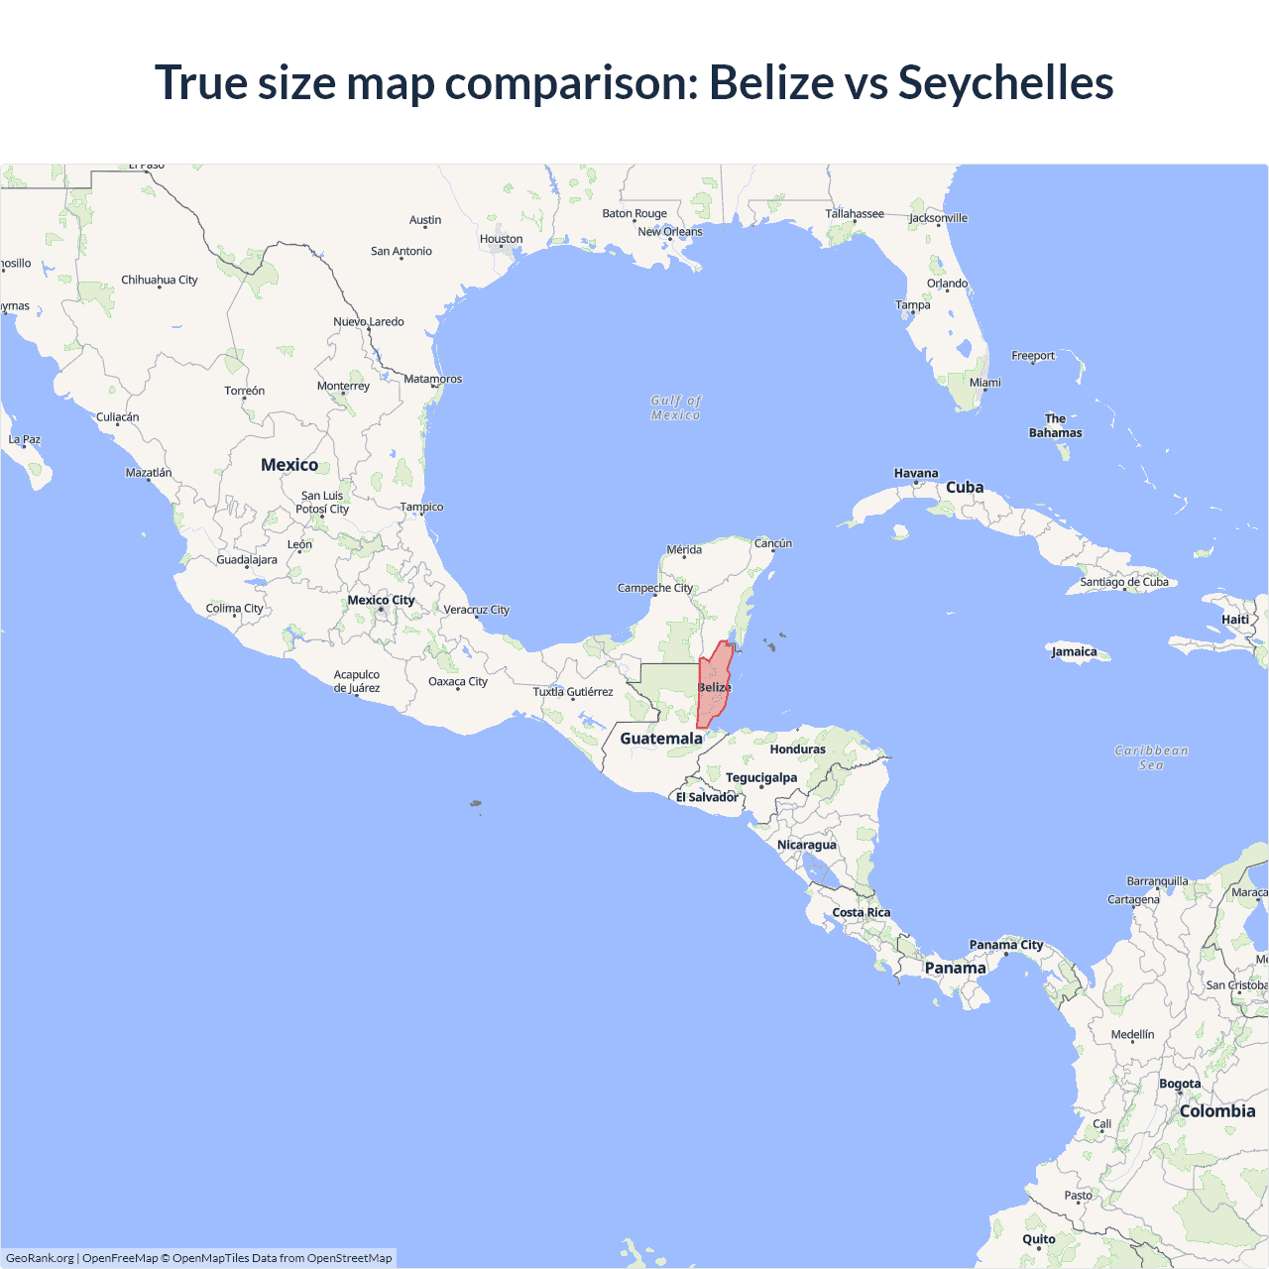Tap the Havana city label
[915, 473]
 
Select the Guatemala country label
[660, 739]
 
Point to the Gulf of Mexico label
[675, 407]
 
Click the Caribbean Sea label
[1150, 757]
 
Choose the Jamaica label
[1074, 651]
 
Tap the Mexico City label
[381, 600]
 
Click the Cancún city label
[773, 543]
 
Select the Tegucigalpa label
[760, 777]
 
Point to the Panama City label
[1005, 945]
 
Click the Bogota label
[1180, 1084]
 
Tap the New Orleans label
[669, 232]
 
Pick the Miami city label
[984, 383]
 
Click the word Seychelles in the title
[1005, 82]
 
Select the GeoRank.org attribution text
[40, 1258]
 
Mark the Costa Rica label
[861, 912]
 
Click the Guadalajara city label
[247, 560]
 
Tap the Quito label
[1038, 1239]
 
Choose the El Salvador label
[706, 797]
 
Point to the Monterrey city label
[343, 386]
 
